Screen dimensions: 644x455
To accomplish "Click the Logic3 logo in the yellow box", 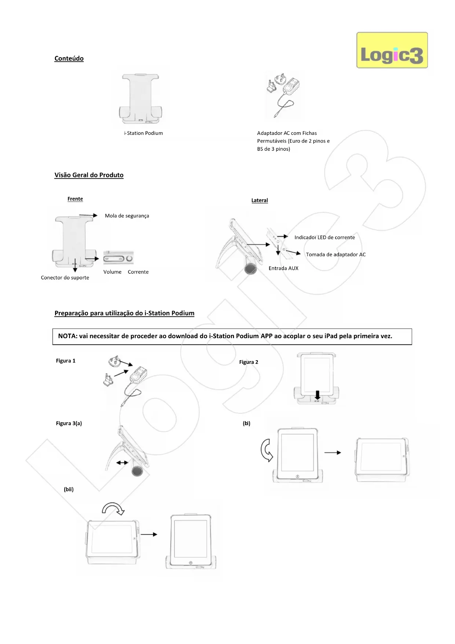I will click(x=392, y=50).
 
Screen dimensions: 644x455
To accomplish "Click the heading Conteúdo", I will click(x=69, y=58).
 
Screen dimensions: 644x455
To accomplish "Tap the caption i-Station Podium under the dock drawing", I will click(x=144, y=133).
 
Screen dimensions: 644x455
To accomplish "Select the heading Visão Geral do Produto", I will click(x=89, y=175).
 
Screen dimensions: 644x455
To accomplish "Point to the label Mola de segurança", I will click(x=127, y=216).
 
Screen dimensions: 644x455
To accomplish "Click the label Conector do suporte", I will click(x=65, y=278).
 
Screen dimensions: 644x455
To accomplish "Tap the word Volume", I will click(x=112, y=272).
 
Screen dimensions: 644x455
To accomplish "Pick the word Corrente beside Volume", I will click(x=138, y=272).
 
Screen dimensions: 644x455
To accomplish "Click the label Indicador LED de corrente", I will click(x=324, y=238).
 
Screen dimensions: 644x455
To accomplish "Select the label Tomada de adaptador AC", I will click(x=336, y=254).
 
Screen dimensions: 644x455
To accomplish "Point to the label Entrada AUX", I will click(x=283, y=268).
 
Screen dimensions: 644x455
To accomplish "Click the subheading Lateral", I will click(x=260, y=200).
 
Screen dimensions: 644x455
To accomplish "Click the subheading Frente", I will click(x=75, y=199).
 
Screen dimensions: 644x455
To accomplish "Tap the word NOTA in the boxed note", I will click(x=67, y=336).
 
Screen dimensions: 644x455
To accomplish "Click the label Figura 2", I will click(x=249, y=362).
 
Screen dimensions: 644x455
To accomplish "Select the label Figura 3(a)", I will click(x=69, y=423).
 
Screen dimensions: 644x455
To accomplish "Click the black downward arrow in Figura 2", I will click(x=318, y=395).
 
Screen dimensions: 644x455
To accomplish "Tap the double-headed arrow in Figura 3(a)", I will click(x=122, y=463).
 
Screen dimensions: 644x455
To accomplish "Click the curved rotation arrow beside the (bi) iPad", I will click(x=267, y=450).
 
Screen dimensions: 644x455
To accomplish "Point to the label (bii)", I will click(x=69, y=489).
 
